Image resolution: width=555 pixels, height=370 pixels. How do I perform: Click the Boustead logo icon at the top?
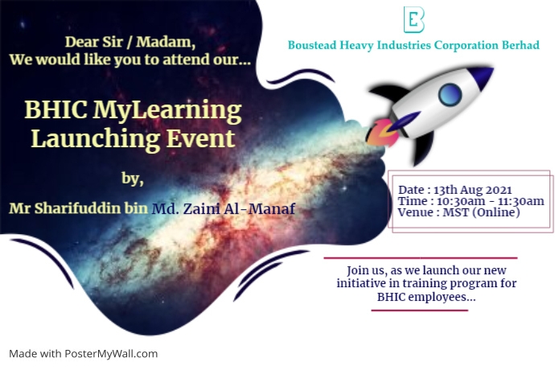[413, 18]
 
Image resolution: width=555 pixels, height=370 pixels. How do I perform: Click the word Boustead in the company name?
[316, 45]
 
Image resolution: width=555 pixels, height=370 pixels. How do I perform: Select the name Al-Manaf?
[265, 208]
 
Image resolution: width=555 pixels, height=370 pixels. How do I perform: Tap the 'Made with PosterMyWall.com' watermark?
[84, 353]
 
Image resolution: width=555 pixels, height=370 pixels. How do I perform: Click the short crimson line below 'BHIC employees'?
[419, 310]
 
